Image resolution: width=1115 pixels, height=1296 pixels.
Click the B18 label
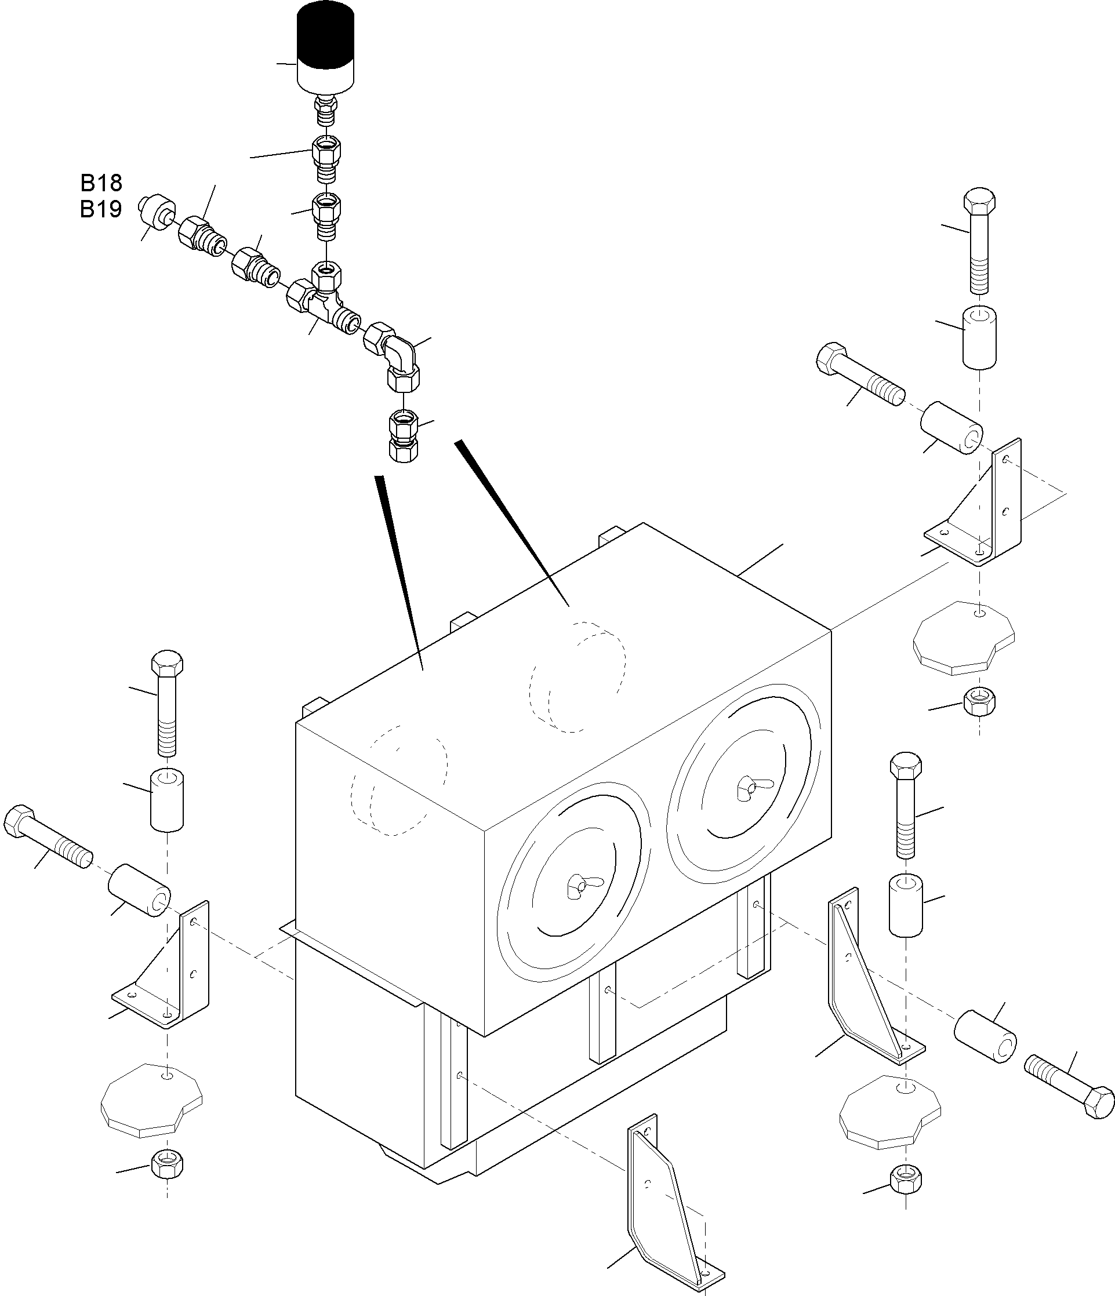pos(101,183)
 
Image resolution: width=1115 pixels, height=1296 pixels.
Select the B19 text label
pos(101,209)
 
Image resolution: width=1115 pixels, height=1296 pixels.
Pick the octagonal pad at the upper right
pos(963,637)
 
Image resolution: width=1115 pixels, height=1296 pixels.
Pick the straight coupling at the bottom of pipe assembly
pos(404,435)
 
